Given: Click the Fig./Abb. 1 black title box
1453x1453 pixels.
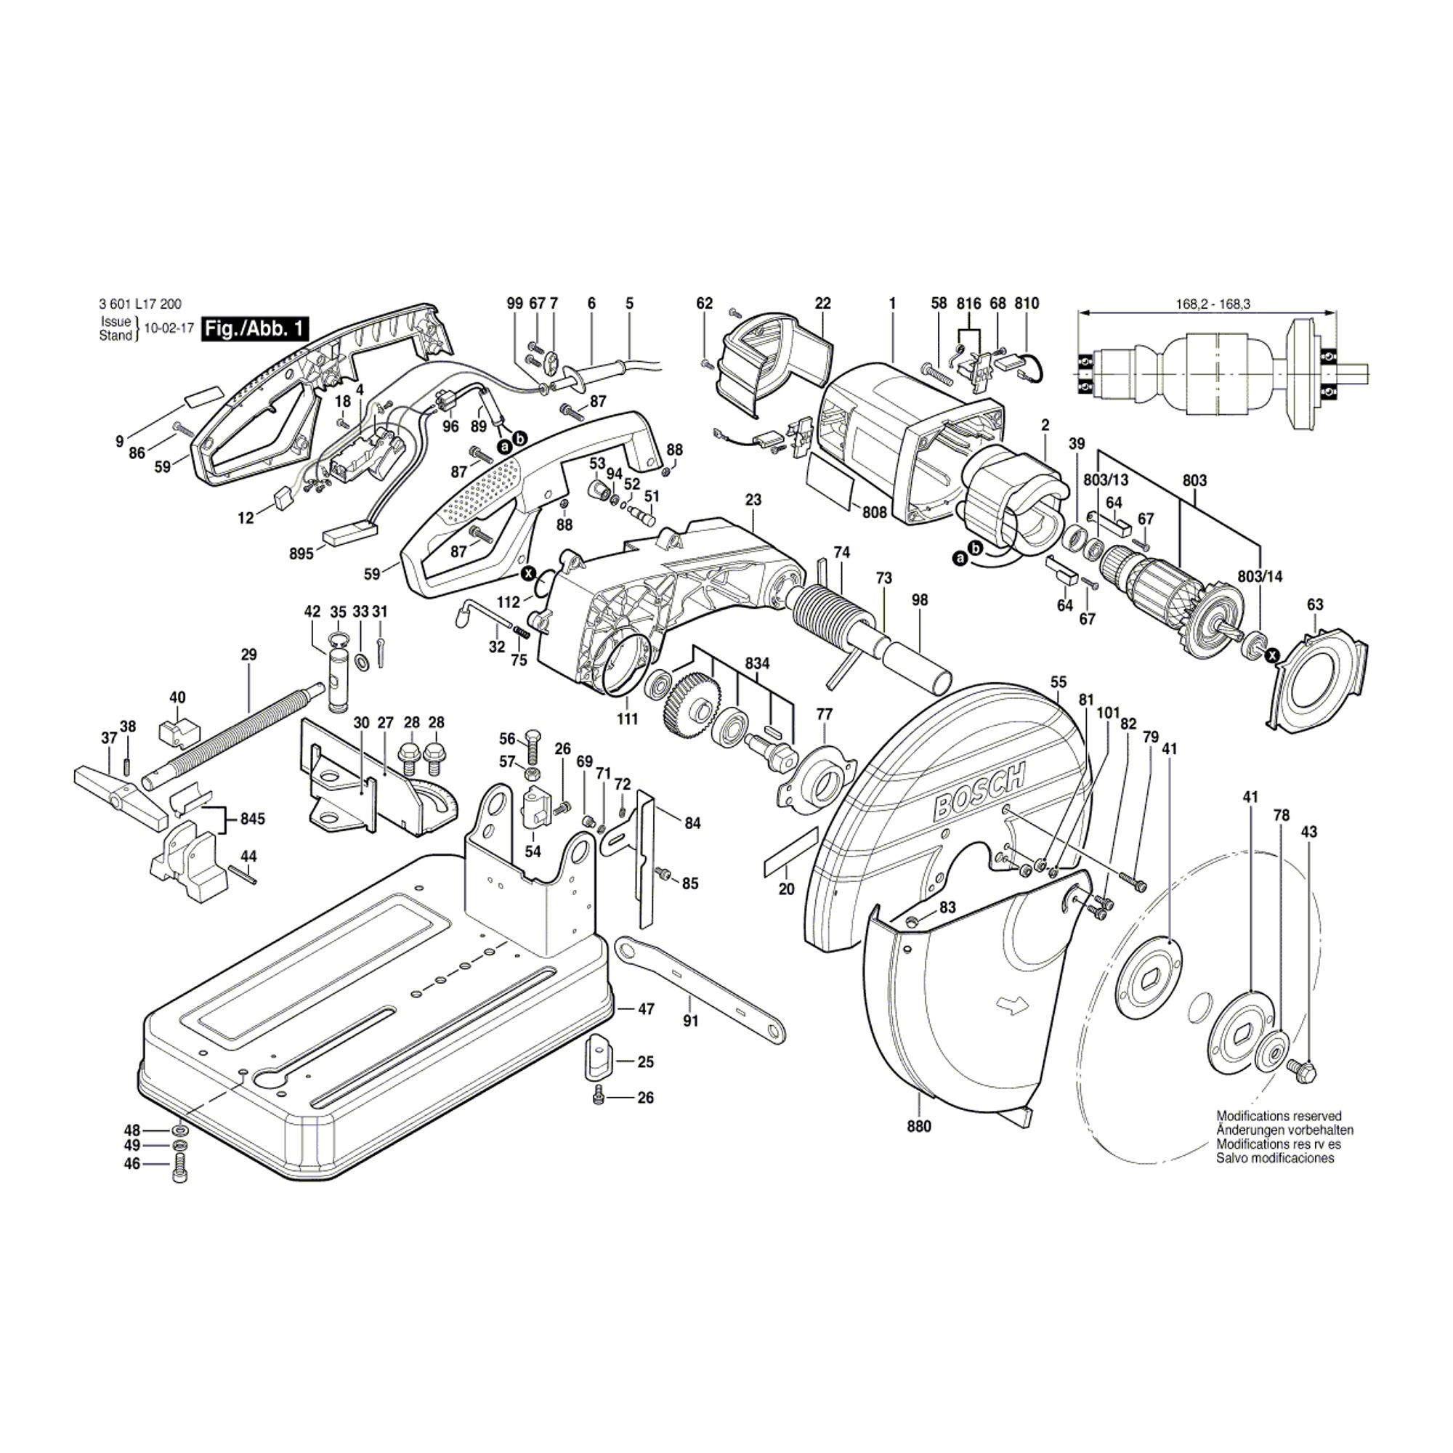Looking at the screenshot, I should click(x=255, y=328).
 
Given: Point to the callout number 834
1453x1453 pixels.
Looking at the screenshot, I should click(x=757, y=663).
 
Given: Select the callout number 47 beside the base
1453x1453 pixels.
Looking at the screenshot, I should click(x=646, y=1008).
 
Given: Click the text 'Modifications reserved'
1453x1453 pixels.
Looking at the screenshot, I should click(x=1279, y=1116).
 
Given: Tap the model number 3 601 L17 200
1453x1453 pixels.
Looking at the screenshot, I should click(x=139, y=304).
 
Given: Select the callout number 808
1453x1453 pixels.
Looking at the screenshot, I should click(x=875, y=512).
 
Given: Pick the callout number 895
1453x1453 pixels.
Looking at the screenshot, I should click(x=301, y=554).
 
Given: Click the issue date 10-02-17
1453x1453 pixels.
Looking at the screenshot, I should click(x=169, y=328).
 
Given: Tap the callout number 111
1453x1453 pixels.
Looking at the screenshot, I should click(x=627, y=719).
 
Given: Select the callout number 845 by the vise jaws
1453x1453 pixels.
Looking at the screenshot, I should click(x=252, y=818).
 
